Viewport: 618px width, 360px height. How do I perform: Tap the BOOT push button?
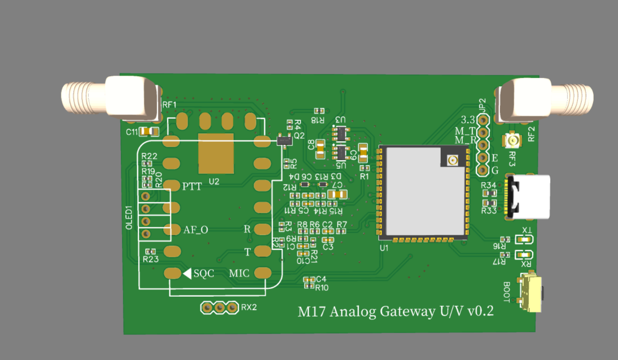pos(532,293)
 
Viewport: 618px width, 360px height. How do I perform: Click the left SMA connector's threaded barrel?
pos(82,97)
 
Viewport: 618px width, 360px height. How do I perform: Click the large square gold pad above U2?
pos(216,153)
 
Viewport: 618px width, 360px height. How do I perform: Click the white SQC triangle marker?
pos(186,273)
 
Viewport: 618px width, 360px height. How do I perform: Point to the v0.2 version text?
pos(481,311)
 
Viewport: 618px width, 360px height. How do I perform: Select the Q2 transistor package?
pos(284,139)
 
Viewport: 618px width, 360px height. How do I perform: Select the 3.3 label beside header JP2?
pos(467,120)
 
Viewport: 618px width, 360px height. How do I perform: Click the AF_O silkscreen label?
pos(196,230)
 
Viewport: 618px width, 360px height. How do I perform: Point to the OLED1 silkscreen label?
pos(128,218)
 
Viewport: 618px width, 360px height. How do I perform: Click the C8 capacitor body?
pos(320,149)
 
